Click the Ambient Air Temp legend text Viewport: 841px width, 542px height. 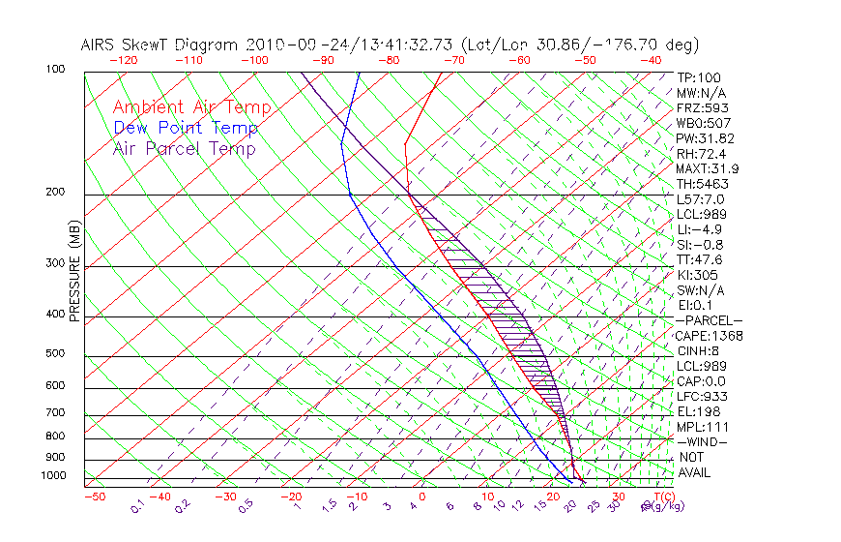coord(191,108)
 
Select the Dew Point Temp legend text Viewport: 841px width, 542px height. coord(186,128)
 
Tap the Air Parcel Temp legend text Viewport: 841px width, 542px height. coord(184,148)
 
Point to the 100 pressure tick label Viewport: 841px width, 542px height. coord(55,70)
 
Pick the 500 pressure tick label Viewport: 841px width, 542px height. coord(55,354)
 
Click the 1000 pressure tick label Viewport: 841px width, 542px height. coord(52,476)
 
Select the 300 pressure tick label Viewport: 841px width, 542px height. coord(55,263)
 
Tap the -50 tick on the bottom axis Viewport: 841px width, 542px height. coord(94,497)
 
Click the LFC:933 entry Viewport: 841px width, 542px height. coord(702,397)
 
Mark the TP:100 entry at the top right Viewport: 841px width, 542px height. coord(699,77)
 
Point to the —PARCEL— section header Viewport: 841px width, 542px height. coord(709,320)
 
